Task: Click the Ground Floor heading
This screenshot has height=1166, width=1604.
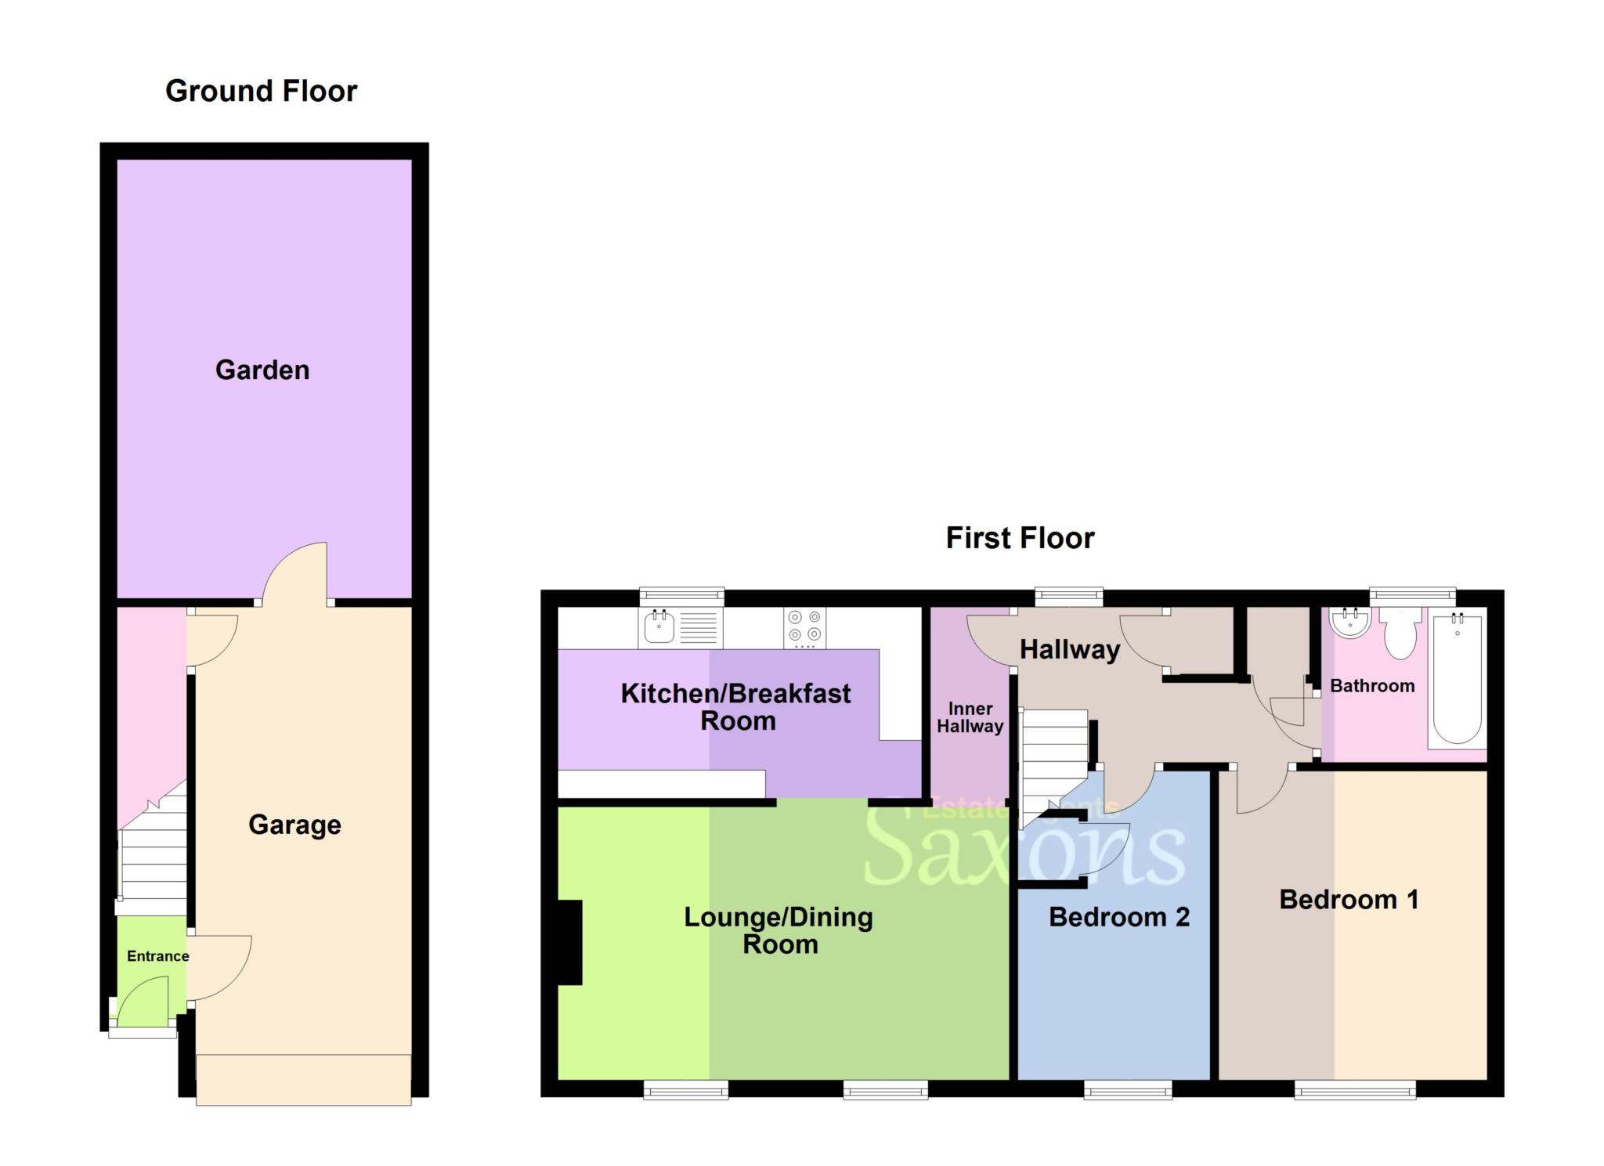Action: click(261, 92)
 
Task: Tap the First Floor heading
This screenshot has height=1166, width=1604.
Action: click(1020, 539)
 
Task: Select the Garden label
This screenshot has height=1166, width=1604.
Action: click(262, 370)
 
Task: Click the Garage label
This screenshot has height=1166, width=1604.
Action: click(294, 825)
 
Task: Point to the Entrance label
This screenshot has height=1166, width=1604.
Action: click(157, 956)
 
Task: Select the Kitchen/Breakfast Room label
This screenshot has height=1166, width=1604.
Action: click(735, 707)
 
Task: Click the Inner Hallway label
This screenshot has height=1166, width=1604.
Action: click(970, 717)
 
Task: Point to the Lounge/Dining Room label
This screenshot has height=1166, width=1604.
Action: click(779, 930)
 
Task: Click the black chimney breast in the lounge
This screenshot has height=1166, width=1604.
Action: click(569, 942)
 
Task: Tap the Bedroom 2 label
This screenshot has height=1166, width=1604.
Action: click(1118, 917)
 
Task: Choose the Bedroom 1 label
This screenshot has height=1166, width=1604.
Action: click(1349, 900)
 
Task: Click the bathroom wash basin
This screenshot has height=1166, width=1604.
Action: click(1350, 623)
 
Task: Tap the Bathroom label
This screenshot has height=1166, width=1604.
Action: click(1372, 686)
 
